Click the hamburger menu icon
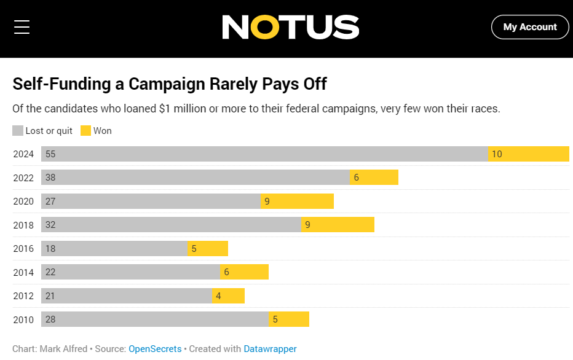(x=22, y=27)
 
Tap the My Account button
(x=529, y=27)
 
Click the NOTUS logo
(x=290, y=27)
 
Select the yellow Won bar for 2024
(x=528, y=154)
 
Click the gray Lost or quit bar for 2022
(x=196, y=178)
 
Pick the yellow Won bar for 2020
(x=297, y=202)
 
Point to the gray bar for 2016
(x=114, y=249)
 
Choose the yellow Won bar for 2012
(x=228, y=296)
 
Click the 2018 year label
(x=23, y=225)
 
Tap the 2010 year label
(x=23, y=320)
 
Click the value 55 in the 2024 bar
(x=50, y=154)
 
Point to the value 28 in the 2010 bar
(x=50, y=320)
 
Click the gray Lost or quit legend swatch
(x=18, y=131)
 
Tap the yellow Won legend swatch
(x=85, y=131)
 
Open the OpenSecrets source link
(x=155, y=349)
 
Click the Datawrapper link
(x=270, y=349)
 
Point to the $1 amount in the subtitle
(x=164, y=109)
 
